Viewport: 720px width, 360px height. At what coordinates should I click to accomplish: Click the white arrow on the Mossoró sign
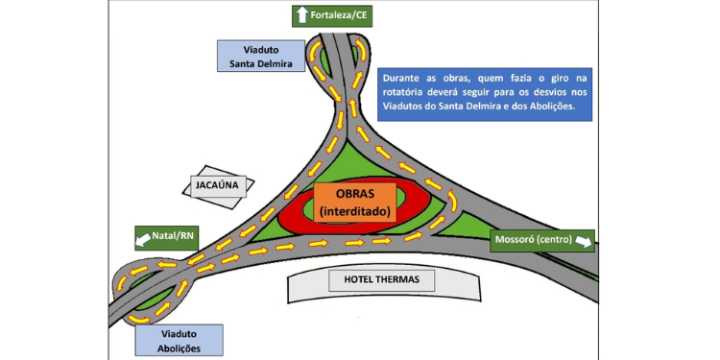583,241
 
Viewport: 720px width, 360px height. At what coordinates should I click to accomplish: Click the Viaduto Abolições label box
180,339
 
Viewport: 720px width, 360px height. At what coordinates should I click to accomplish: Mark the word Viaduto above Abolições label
180,331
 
